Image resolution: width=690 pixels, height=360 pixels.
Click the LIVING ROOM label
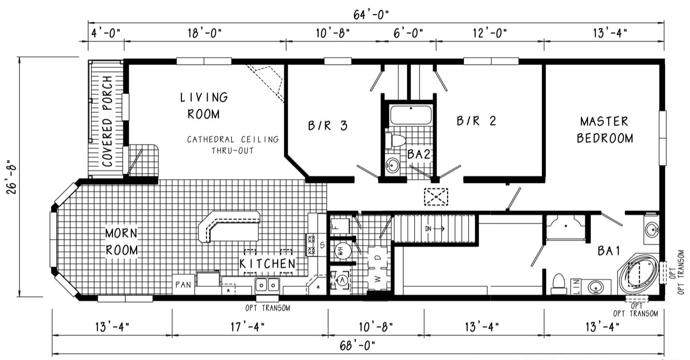tap(203, 106)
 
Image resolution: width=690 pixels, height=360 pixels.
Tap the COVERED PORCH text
tap(107, 121)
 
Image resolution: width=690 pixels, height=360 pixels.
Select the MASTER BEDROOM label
tap(605, 130)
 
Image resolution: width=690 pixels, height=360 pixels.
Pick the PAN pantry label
tap(183, 285)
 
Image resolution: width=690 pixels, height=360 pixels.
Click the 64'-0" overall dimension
tap(371, 14)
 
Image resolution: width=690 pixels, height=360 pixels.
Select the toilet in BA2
tap(396, 140)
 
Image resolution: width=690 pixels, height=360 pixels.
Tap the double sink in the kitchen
tap(267, 285)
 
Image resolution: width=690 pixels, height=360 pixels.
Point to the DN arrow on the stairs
tap(434, 229)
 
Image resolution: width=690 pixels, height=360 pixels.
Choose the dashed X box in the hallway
tap(436, 197)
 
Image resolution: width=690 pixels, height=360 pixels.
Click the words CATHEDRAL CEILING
tap(232, 140)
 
